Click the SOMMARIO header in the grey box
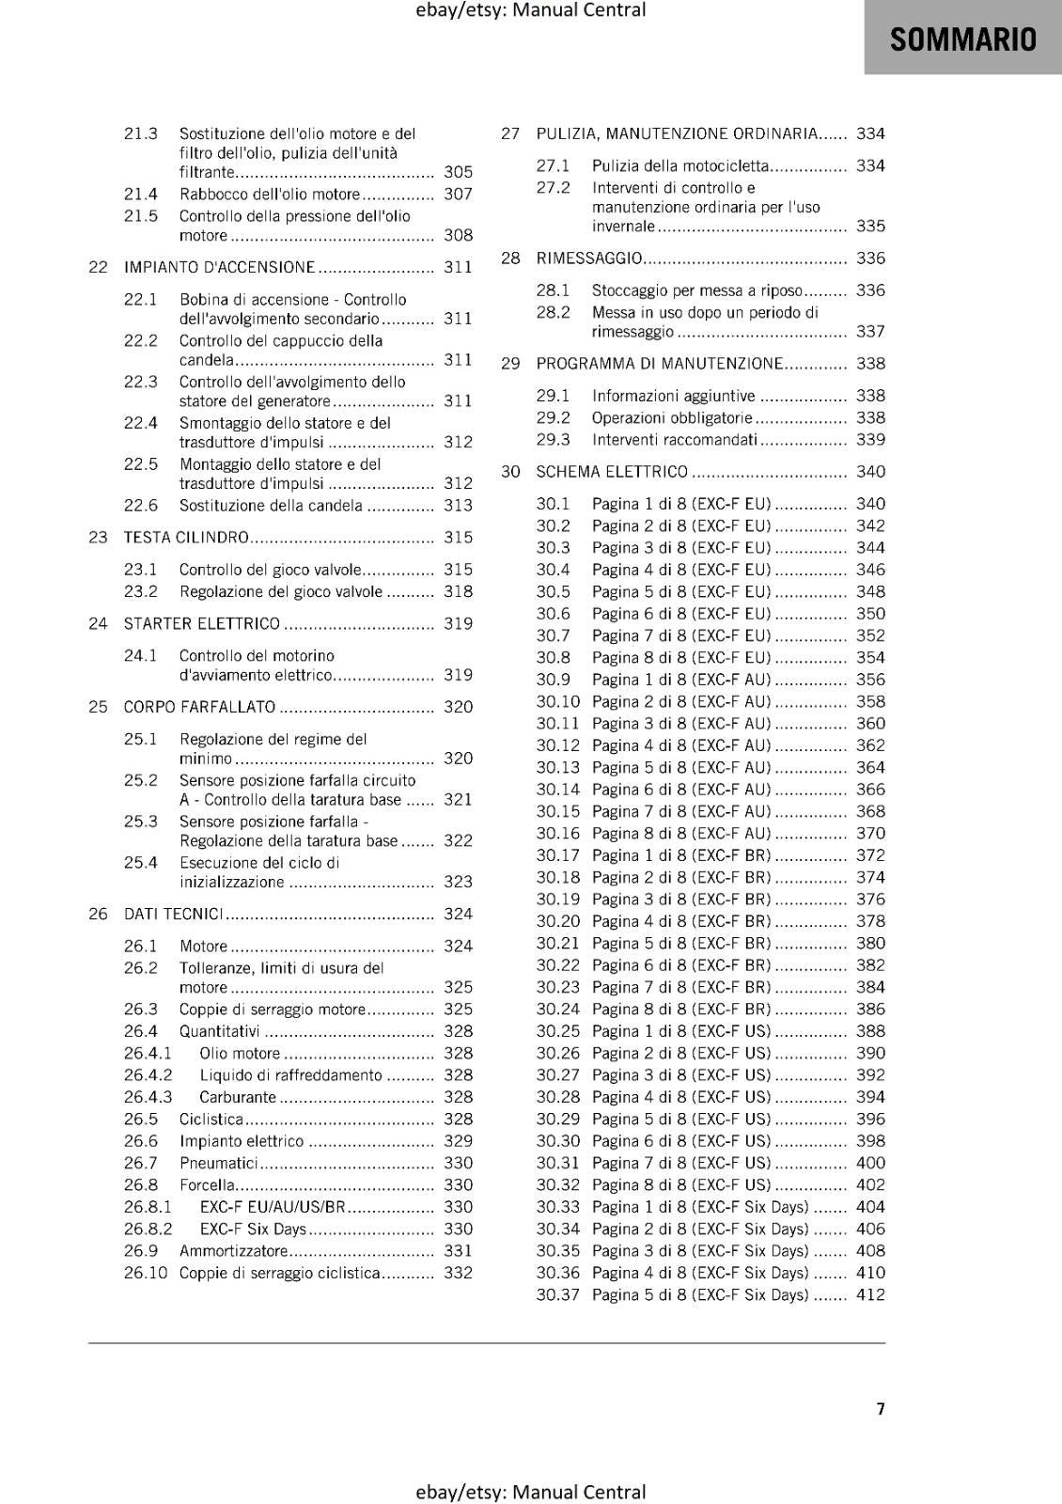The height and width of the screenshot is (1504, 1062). (962, 39)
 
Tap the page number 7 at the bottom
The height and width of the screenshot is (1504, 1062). (880, 1408)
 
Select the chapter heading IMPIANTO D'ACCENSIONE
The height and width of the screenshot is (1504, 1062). (219, 267)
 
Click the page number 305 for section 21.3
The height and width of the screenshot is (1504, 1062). (458, 172)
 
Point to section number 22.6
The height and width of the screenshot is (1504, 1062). (141, 506)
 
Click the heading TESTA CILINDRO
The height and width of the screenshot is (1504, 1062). (186, 538)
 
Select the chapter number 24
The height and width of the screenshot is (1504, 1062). (98, 624)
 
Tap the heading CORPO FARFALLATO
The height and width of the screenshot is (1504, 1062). (199, 707)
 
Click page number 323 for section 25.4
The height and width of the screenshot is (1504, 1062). (458, 882)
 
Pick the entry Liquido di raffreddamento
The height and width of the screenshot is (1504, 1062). (290, 1075)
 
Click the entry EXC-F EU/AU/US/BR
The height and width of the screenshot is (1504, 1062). (273, 1207)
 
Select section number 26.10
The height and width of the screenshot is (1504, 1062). (146, 1273)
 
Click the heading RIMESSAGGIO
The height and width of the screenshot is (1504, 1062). (589, 258)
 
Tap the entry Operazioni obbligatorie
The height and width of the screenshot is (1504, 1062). (671, 418)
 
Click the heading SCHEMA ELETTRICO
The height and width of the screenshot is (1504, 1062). (612, 472)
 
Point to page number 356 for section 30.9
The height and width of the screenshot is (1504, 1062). (870, 680)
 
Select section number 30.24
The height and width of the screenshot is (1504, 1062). (558, 1010)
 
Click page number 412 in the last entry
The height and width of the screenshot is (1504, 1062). (870, 1295)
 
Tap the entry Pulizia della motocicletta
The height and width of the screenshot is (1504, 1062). (680, 166)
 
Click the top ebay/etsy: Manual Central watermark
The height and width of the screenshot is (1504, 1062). (530, 10)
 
